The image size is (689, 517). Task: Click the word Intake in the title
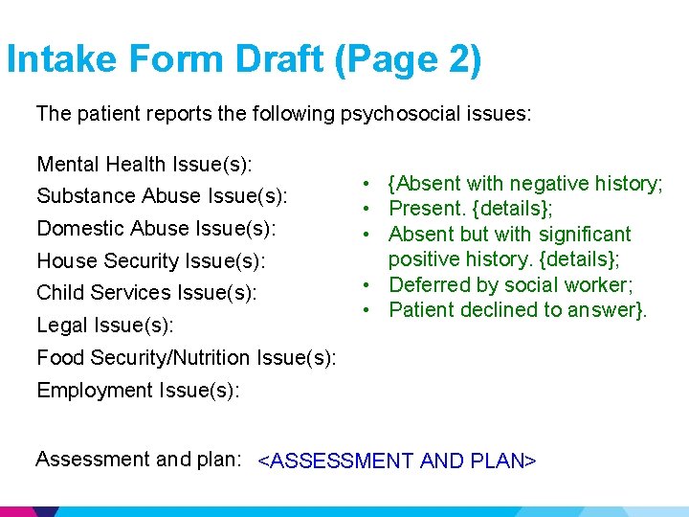pos(63,60)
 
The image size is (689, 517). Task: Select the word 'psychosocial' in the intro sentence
pos(393,114)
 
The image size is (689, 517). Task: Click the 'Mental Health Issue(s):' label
pos(144,165)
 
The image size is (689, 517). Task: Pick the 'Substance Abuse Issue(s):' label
pos(162,196)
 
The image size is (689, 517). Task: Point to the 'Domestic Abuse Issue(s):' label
pos(156,229)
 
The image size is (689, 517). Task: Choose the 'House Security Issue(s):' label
pos(151,260)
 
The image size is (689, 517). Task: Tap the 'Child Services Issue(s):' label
pos(146,293)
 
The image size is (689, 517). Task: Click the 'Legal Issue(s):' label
pos(105,326)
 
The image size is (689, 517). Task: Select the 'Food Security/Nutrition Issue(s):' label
pos(186,358)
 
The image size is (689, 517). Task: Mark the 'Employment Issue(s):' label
pos(138,391)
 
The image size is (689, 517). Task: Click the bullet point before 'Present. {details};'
pos(367,209)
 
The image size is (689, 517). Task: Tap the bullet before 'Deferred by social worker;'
pos(367,284)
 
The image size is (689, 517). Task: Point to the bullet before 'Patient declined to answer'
pos(367,309)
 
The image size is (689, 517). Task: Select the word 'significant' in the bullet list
pos(585,235)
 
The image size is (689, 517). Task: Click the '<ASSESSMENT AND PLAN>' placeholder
pos(397,461)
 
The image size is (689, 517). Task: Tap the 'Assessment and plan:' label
pos(138,460)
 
